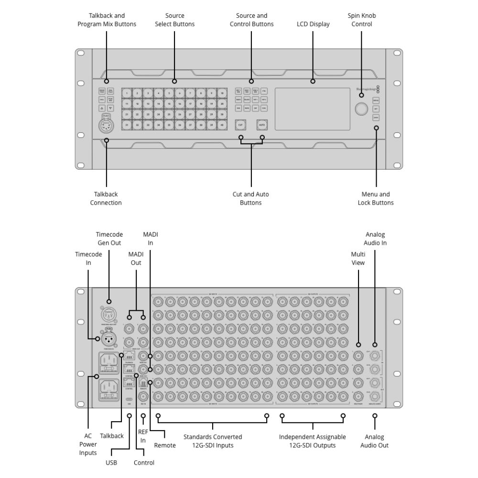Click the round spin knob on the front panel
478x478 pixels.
tap(362, 109)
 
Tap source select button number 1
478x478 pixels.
tap(127, 92)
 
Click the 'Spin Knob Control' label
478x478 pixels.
tap(361, 20)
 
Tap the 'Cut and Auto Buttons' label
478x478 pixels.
tap(251, 198)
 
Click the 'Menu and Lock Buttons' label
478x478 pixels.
tap(376, 198)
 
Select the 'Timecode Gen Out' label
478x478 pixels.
tap(109, 239)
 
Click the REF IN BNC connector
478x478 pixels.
tap(143, 396)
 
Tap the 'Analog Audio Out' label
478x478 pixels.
tap(374, 441)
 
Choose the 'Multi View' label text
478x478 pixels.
tap(358, 259)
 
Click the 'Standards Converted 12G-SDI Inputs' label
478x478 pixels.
tap(213, 441)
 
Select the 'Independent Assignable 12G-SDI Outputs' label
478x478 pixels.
tap(312, 441)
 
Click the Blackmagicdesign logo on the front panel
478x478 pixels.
tap(366, 88)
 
